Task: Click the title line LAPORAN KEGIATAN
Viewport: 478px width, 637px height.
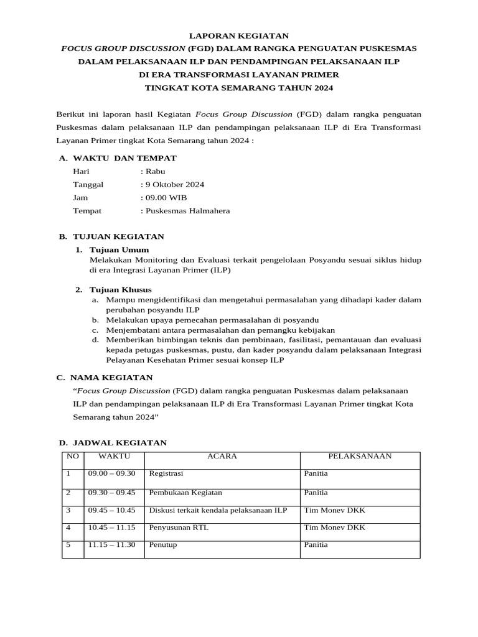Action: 239,36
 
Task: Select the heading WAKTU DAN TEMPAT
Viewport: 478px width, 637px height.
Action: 124,159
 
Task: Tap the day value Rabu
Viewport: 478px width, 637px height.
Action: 155,172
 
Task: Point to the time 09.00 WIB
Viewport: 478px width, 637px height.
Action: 166,198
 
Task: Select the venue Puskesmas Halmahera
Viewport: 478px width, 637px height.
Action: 187,211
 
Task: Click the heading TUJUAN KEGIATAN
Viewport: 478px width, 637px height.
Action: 118,237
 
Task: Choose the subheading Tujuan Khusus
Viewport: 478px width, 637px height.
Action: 121,290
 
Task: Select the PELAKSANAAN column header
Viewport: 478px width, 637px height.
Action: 360,456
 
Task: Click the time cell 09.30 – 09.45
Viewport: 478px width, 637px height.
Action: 111,492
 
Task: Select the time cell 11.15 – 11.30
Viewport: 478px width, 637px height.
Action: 111,545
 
